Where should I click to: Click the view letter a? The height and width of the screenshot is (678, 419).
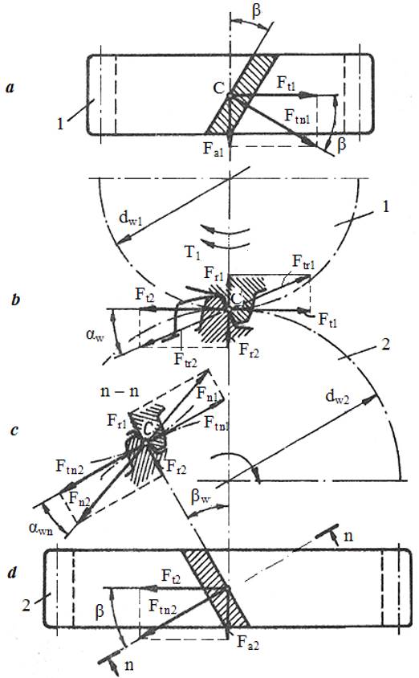tap(10, 88)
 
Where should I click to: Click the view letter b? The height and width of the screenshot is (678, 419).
tap(15, 299)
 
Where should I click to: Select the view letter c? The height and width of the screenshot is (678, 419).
tap(14, 431)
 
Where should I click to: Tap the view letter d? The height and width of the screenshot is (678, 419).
tap(13, 574)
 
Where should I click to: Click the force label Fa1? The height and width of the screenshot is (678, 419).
tap(214, 149)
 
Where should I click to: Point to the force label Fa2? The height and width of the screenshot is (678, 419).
tap(248, 643)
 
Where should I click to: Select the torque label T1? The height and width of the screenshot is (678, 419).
tap(193, 252)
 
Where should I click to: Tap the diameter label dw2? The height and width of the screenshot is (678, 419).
tap(338, 398)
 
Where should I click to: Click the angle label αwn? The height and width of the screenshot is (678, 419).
tap(41, 529)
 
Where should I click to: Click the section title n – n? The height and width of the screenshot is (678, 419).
tap(120, 391)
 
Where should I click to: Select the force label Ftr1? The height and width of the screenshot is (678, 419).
tap(303, 262)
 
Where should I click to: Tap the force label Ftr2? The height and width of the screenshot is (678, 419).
tap(185, 360)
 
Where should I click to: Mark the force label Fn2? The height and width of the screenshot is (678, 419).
tap(79, 500)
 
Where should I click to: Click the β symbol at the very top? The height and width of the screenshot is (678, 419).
tap(256, 10)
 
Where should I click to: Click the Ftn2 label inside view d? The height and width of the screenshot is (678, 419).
tap(163, 607)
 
